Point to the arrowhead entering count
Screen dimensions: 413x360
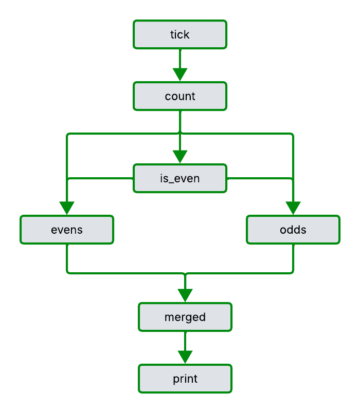(180, 75)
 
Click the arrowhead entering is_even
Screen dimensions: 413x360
(180, 157)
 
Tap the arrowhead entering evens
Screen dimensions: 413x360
(67, 208)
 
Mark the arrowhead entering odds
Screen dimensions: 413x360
(293, 208)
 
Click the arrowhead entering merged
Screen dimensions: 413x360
(185, 295)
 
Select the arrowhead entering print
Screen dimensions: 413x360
(185, 357)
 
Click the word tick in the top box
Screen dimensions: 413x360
(180, 34)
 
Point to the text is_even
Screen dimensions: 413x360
(180, 178)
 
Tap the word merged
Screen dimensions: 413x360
(185, 317)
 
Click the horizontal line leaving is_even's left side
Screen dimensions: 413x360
(100, 179)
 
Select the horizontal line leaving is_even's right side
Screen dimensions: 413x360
(260, 179)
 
